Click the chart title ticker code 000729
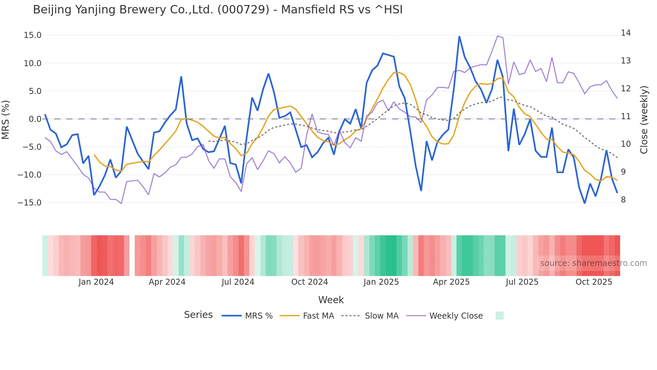click(243, 10)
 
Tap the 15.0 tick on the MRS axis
click(33, 35)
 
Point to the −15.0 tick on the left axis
click(29, 202)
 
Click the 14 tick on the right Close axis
click(625, 33)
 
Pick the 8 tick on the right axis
click(623, 199)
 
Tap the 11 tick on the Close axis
click(625, 117)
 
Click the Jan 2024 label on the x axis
click(96, 282)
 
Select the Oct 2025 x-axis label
click(594, 282)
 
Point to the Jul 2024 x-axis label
click(238, 282)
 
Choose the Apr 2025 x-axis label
click(451, 282)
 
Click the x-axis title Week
click(331, 299)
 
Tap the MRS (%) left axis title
click(6, 120)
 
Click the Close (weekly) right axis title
click(644, 120)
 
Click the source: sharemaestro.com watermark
click(593, 263)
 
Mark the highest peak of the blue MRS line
click(459, 36)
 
